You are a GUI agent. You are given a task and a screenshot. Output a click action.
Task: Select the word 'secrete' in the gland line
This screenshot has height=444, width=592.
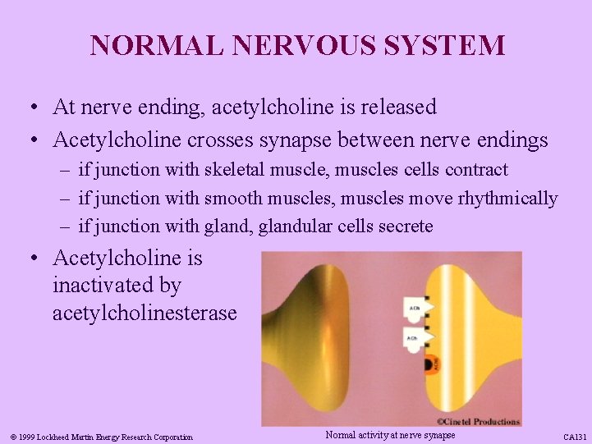tap(403, 227)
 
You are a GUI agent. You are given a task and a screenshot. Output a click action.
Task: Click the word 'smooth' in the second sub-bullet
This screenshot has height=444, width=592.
tap(231, 199)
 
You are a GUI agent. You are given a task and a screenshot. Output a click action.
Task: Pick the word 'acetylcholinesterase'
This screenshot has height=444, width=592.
tap(145, 314)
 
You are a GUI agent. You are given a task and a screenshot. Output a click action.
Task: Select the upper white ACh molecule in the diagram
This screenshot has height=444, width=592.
tap(414, 309)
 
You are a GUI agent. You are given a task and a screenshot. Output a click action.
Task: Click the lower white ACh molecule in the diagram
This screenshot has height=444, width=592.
tap(414, 336)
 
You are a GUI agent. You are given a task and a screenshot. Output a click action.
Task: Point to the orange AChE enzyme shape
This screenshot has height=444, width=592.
tap(432, 363)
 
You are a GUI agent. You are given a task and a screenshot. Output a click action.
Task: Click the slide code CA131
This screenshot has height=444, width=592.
tap(574, 437)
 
